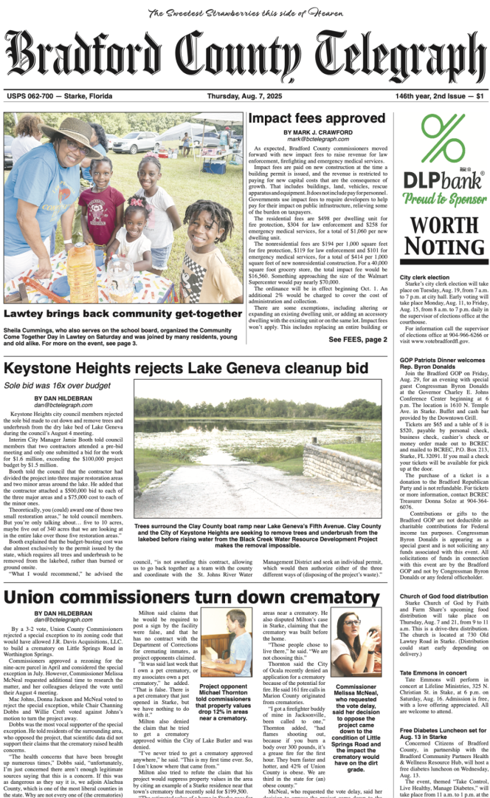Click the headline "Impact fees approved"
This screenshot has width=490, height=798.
[317, 118]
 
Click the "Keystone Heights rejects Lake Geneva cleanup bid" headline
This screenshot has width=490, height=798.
[185, 367]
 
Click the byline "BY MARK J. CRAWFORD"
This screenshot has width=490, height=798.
[318, 132]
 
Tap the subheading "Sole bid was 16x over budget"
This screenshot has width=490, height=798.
[48, 386]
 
